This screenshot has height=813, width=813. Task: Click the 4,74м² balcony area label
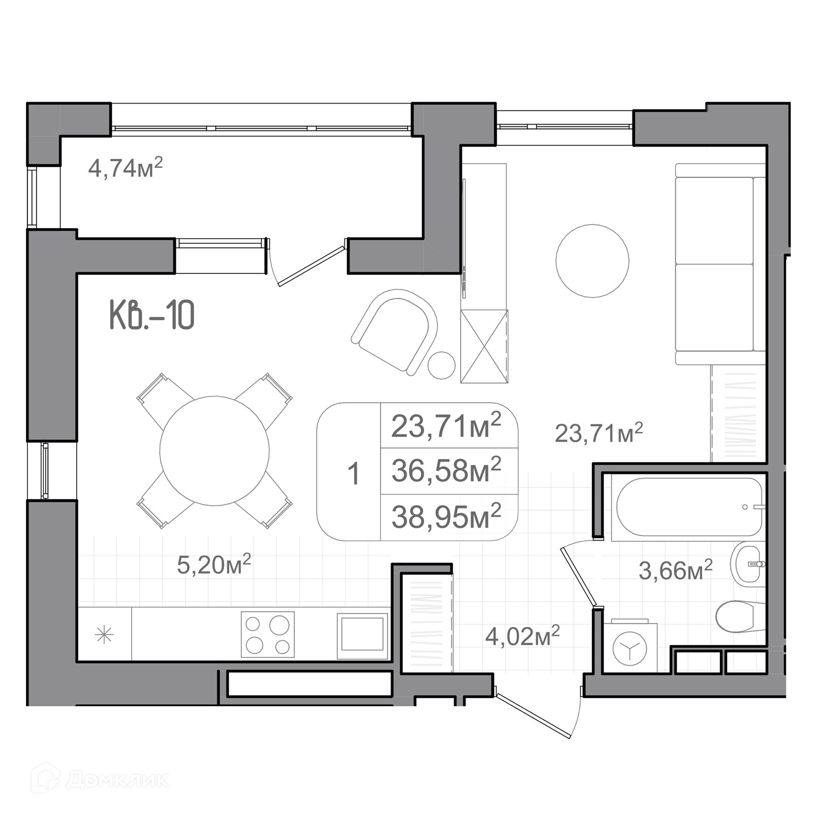click(126, 167)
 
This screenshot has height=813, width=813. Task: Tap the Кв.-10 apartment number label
click(152, 315)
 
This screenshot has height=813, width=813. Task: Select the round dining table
click(214, 451)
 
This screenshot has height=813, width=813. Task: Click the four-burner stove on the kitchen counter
click(267, 635)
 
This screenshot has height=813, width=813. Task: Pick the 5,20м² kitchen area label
click(214, 564)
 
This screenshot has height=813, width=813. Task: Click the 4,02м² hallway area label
click(522, 636)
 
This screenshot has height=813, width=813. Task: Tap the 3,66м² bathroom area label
click(675, 570)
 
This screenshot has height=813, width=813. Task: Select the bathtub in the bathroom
click(689, 507)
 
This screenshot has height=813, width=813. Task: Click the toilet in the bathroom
click(740, 616)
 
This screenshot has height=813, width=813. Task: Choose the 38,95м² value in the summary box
click(446, 516)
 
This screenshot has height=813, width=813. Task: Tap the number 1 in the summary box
click(354, 474)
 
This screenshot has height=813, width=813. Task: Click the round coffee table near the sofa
click(592, 261)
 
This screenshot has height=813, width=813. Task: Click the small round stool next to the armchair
click(441, 365)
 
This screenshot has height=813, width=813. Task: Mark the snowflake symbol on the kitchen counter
click(104, 635)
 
